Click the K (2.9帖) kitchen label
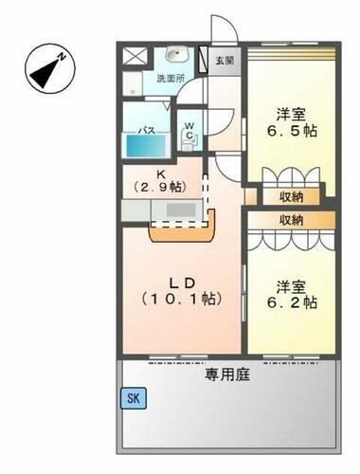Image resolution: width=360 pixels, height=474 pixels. pos(163,180)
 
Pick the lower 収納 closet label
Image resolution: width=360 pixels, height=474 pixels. pos(292,219)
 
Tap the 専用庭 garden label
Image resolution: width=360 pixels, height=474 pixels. pos(226,374)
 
